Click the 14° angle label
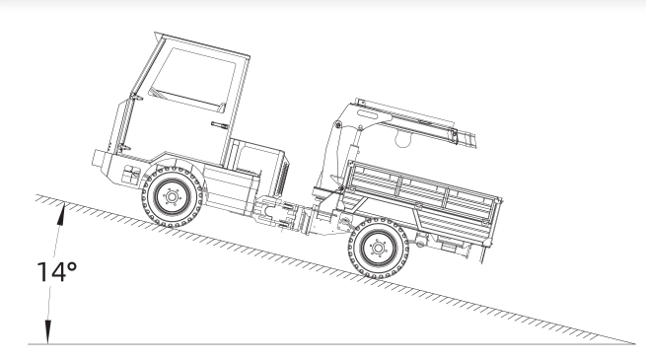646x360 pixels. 57,272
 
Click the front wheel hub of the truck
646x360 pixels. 173,197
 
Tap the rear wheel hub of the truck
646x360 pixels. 378,248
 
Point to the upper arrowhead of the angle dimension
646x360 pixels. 61,214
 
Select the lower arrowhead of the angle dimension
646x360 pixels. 48,332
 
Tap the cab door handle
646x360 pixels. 219,125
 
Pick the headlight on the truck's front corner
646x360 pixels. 131,174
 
